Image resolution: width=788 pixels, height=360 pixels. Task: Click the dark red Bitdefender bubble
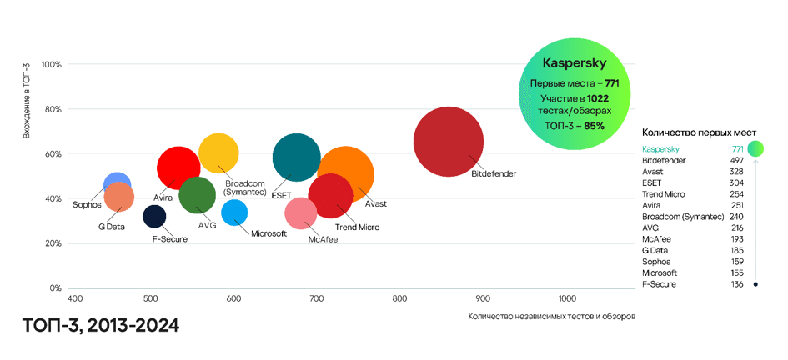tap(449, 141)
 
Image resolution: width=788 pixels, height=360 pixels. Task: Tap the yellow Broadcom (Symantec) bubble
tap(219, 152)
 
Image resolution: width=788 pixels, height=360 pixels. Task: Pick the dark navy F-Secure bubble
tap(154, 217)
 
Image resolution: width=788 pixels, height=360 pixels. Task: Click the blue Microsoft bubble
tap(234, 212)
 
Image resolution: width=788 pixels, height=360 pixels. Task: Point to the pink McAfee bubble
tap(300, 213)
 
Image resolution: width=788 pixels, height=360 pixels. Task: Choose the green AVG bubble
tap(197, 196)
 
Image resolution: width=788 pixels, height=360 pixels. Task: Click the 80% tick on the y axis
tap(52, 109)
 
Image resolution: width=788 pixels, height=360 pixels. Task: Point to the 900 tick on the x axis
tap(482, 298)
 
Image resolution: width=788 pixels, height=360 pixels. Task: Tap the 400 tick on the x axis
tap(74, 298)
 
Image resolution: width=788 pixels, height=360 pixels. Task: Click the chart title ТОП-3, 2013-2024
tap(101, 325)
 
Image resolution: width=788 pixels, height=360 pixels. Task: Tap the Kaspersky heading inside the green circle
tap(574, 63)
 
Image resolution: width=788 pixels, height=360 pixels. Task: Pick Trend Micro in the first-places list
tap(664, 194)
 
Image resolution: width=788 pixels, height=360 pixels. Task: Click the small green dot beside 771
tap(755, 149)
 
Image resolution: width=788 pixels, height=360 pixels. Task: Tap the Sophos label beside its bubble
tap(87, 204)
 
